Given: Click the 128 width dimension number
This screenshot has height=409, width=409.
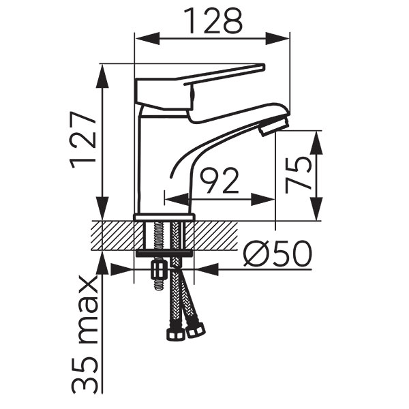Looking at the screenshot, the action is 213,21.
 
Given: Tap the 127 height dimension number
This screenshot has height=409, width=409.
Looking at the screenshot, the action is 83,140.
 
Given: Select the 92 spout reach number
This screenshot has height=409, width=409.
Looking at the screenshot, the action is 219,180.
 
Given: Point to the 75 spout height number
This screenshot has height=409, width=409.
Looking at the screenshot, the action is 299,175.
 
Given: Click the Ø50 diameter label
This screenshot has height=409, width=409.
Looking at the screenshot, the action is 277,253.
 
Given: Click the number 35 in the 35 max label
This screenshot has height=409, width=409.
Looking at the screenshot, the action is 85,375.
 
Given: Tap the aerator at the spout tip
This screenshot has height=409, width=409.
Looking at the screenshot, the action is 274,125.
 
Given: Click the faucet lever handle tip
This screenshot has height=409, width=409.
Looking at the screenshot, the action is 262,67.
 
